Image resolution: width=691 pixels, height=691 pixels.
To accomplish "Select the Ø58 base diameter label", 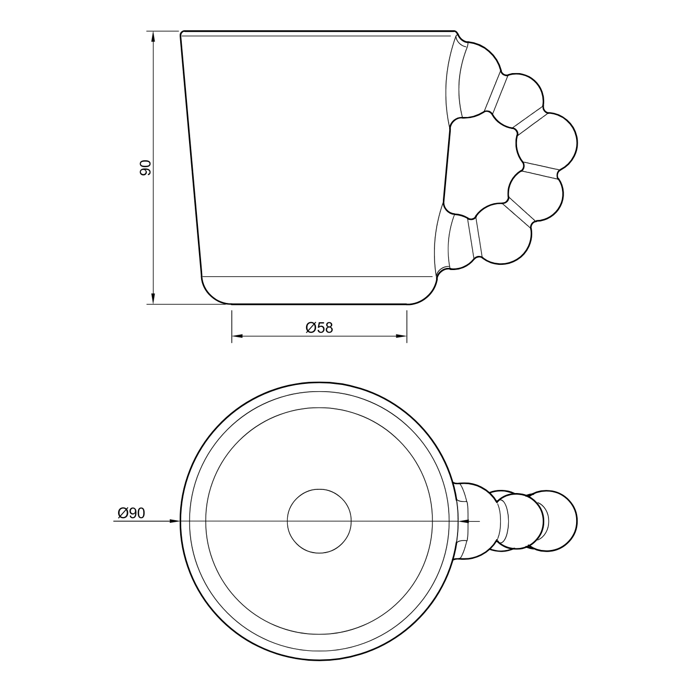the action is click(319, 327).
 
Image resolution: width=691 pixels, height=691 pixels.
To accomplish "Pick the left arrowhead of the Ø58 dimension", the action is click(237, 336).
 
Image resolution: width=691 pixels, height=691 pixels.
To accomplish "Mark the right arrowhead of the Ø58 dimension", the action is click(402, 336).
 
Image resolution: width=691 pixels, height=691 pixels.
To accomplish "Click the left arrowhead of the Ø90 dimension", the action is click(174, 521).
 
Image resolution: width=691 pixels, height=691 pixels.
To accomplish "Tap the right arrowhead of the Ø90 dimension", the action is click(464, 521).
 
